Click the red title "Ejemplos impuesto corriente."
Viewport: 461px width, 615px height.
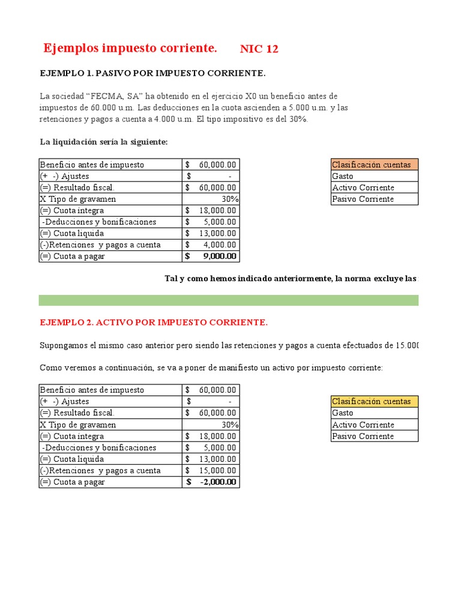(x=130, y=48)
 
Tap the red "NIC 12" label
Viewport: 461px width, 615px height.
(x=259, y=49)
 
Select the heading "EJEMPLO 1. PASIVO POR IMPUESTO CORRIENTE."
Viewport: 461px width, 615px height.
(x=152, y=73)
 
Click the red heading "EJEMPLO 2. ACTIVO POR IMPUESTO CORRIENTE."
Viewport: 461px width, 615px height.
(x=154, y=323)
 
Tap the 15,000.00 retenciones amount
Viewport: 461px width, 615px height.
(x=217, y=470)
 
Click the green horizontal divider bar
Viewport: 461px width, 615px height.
(x=228, y=300)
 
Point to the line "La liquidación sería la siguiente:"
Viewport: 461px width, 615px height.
(x=104, y=142)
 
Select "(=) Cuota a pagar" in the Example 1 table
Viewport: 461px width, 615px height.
(x=73, y=256)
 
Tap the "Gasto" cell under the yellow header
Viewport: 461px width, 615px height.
(x=343, y=413)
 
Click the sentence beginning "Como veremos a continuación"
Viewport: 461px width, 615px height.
(x=210, y=368)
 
